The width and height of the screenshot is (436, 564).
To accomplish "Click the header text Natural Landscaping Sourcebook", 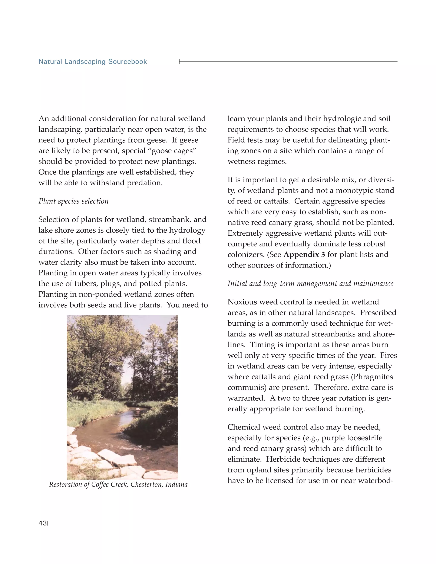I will pyautogui.click(x=92, y=62).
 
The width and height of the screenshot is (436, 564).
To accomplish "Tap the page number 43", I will pyautogui.click(x=42, y=523).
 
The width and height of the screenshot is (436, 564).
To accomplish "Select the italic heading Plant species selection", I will pyautogui.click(x=73, y=201).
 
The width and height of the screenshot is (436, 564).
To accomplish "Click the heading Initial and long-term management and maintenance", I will pyautogui.click(x=310, y=283).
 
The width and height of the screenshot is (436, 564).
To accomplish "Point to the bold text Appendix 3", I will pyautogui.click(x=304, y=255).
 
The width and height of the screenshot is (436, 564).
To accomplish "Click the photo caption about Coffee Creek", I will pyautogui.click(x=118, y=484).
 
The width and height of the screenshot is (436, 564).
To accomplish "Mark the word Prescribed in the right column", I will pyautogui.click(x=378, y=313).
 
